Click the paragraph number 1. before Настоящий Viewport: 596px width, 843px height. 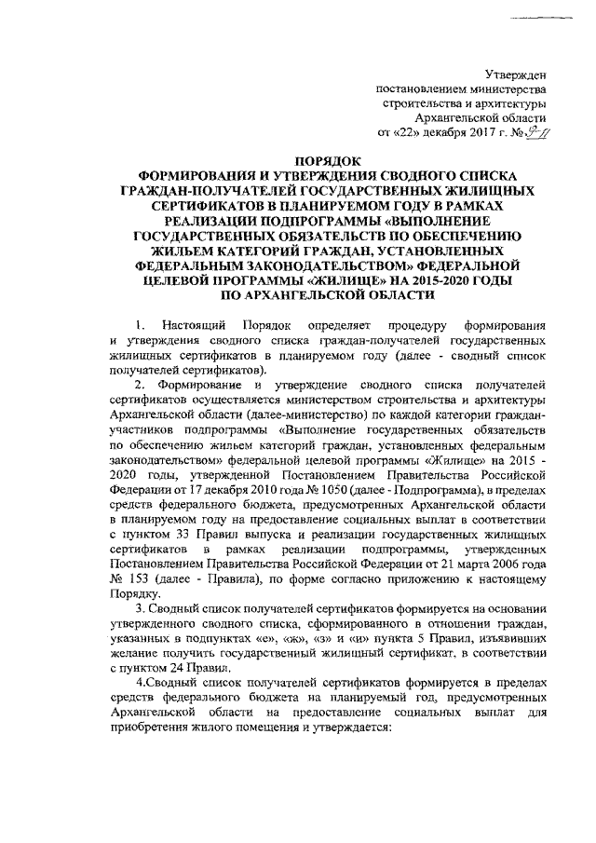click(139, 325)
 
